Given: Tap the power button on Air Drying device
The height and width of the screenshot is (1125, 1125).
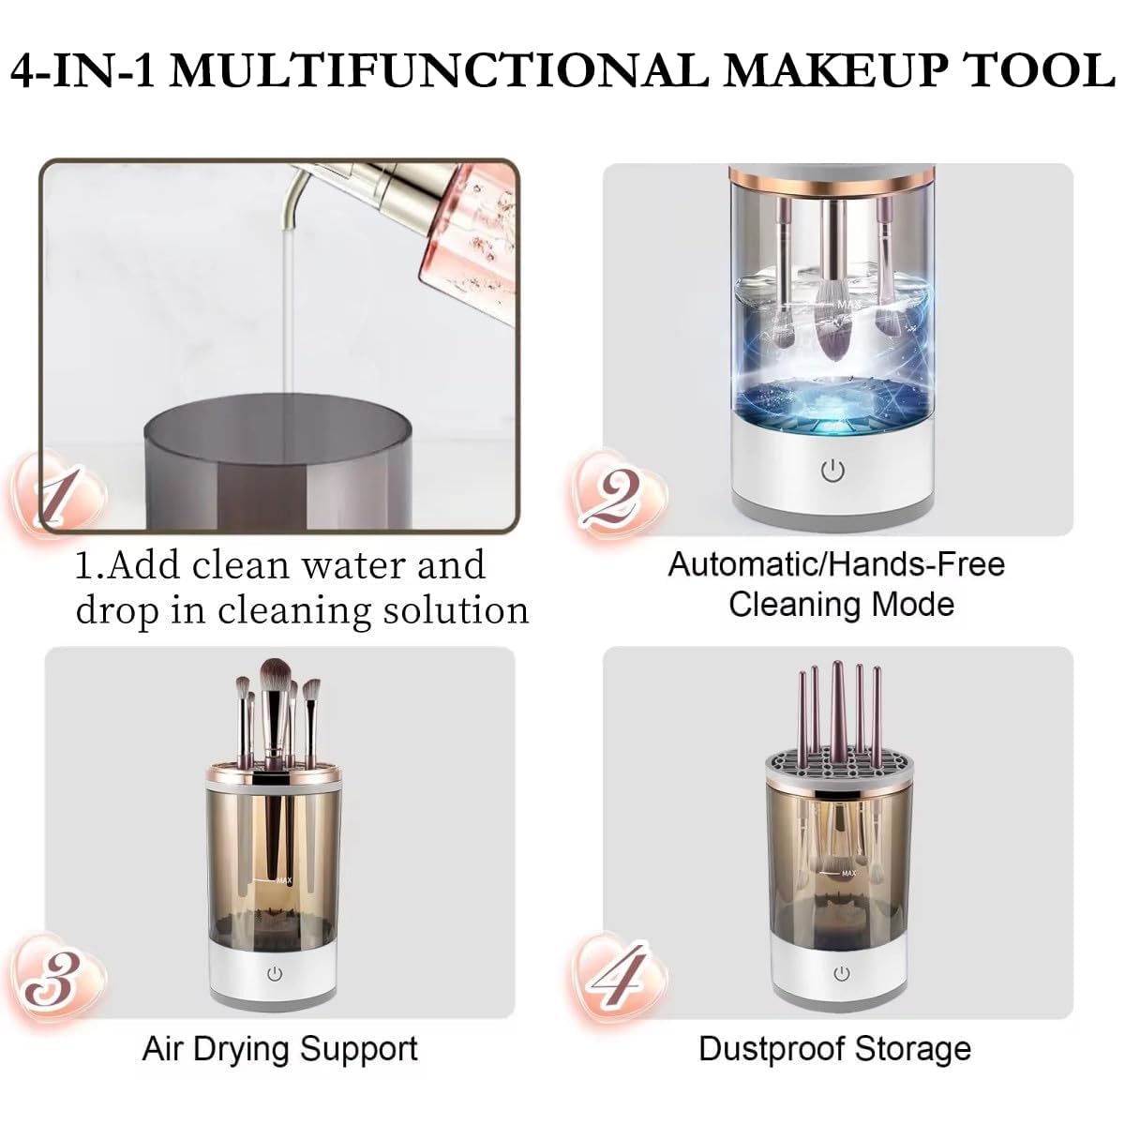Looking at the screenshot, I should coord(274,976).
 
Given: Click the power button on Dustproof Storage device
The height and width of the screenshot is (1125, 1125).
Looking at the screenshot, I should coord(841,975).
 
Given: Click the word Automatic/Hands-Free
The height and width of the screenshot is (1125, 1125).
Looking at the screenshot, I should coord(835,564).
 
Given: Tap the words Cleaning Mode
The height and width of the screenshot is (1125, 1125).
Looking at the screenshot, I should coord(841,605).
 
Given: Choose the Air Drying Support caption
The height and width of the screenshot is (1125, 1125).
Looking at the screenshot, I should coord(279,1048).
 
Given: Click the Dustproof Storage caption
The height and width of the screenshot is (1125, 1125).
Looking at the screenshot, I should coord(834,1048).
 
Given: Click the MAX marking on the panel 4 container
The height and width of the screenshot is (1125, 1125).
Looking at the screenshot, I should coord(848,873).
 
